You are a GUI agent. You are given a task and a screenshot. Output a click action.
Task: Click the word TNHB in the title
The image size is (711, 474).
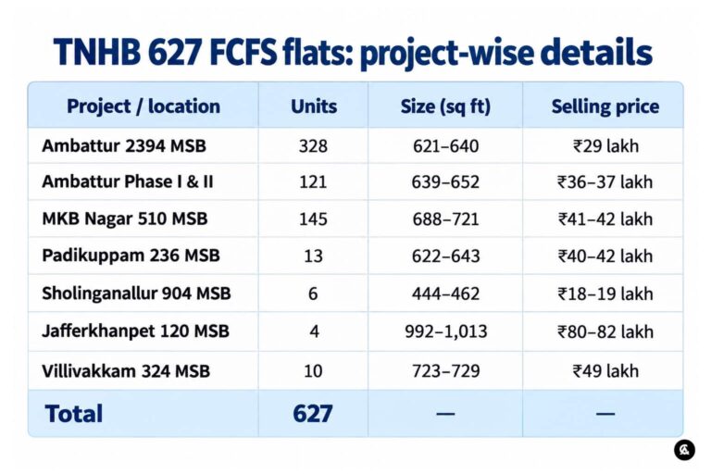pyautogui.click(x=96, y=52)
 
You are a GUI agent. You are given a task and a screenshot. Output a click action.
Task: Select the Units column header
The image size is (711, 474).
pyautogui.click(x=314, y=106)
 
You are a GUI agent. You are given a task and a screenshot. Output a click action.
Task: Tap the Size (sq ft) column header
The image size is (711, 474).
pyautogui.click(x=445, y=106)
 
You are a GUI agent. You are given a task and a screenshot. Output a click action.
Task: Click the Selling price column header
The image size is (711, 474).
pyautogui.click(x=605, y=106)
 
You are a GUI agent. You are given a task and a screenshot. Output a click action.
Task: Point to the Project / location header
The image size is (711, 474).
pyautogui.click(x=143, y=106)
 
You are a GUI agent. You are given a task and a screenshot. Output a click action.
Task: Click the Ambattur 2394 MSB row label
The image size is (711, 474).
pyautogui.click(x=124, y=146)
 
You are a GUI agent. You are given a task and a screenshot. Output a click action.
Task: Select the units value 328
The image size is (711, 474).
pyautogui.click(x=313, y=146)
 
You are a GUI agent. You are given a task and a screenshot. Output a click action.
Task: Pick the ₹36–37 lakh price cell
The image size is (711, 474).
pyautogui.click(x=605, y=181)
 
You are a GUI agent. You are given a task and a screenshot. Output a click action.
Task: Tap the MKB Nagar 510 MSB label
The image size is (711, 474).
pyautogui.click(x=125, y=218)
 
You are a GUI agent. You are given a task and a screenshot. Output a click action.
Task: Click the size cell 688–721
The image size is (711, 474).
pyautogui.click(x=445, y=219)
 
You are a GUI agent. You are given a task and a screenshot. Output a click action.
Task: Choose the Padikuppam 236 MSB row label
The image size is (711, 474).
pyautogui.click(x=131, y=256)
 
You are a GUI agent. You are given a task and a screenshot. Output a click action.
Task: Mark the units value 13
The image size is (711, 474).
pyautogui.click(x=313, y=256)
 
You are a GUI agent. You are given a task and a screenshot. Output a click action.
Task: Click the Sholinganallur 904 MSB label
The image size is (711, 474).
pyautogui.click(x=136, y=293)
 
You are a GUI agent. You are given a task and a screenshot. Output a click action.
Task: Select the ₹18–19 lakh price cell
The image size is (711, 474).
pyautogui.click(x=605, y=293)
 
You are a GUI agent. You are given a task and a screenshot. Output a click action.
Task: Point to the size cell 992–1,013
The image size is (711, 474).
pyautogui.click(x=446, y=331)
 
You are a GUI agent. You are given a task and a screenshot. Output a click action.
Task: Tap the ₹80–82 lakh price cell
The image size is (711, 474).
pyautogui.click(x=605, y=331)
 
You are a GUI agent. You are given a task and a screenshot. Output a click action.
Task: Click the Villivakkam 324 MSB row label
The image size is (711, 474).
pyautogui.click(x=126, y=371)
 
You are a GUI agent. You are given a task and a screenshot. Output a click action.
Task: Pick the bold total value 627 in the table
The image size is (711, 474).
pyautogui.click(x=313, y=413)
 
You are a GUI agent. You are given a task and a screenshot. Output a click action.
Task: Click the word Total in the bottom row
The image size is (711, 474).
pyautogui.click(x=74, y=414)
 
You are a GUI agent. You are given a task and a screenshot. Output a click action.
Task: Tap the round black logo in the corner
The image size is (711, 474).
pyautogui.click(x=684, y=450)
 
